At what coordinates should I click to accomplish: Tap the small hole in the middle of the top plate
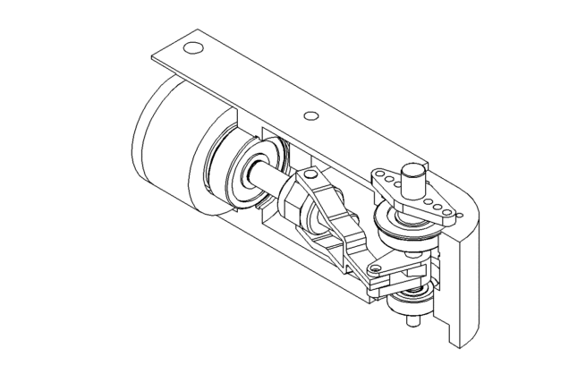310,115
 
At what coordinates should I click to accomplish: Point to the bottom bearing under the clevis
410,297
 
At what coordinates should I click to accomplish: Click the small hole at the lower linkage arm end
375,267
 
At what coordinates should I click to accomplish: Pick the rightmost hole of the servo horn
454,214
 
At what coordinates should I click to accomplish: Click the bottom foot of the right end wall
456,338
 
